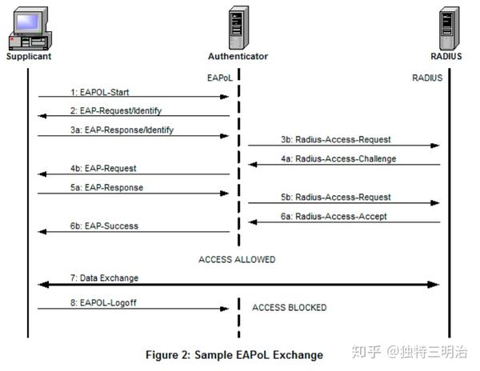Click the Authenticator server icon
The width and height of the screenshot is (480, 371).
tap(238, 26)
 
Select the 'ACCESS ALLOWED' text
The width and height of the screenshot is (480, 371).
tap(237, 259)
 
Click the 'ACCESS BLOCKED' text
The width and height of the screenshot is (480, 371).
tap(289, 307)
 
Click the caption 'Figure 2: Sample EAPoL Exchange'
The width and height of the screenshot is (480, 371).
tap(234, 354)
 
